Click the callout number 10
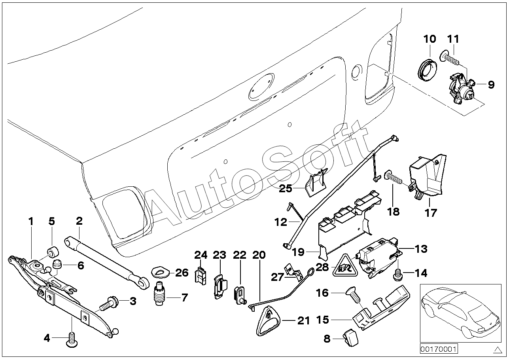click(x=430, y=39)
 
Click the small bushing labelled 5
click(x=53, y=252)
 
